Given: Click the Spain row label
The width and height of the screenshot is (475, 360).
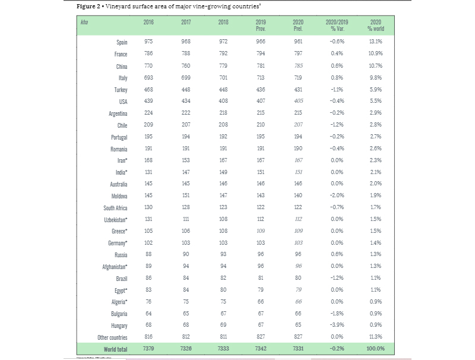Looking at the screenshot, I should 121,42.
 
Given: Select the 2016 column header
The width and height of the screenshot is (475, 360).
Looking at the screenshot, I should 148,22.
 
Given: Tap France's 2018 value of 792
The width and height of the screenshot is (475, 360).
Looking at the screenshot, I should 223,54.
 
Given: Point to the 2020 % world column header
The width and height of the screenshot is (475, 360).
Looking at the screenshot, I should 375,25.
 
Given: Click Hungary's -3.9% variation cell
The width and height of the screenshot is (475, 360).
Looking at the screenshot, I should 337,326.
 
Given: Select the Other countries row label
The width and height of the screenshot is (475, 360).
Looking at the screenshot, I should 112,337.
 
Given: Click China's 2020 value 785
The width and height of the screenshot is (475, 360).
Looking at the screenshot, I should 298,66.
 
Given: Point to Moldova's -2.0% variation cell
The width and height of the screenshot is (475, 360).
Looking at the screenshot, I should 337,195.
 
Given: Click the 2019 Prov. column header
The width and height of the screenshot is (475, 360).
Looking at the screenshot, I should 261,25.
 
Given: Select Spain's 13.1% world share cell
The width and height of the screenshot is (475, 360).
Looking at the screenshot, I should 375,42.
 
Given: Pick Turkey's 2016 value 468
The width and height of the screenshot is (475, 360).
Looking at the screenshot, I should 148,90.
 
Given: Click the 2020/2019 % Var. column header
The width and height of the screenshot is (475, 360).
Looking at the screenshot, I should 337,25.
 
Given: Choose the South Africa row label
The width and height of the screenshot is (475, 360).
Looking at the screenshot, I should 115,208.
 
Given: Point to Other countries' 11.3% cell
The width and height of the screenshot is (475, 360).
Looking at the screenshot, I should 375,337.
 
